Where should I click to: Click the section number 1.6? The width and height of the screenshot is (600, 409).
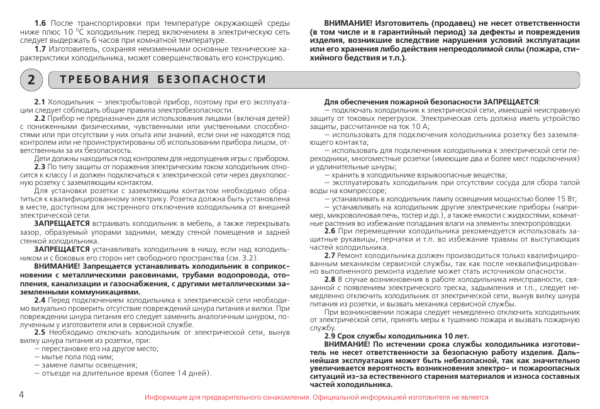click(40, 23)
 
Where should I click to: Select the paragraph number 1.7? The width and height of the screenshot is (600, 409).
click(40, 49)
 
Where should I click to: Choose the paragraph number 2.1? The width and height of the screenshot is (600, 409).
click(40, 101)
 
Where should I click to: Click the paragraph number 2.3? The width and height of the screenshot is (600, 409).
click(40, 167)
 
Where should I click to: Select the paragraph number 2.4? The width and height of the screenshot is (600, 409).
click(40, 300)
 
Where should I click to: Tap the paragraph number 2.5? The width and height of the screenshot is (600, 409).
click(40, 332)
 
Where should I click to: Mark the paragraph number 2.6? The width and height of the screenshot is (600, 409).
click(330, 231)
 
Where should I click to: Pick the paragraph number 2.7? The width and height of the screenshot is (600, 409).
click(330, 255)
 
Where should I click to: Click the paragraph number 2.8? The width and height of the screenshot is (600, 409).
click(330, 279)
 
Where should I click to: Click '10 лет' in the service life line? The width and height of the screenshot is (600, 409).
click(457, 336)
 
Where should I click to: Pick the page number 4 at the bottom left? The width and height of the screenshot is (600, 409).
click(21, 395)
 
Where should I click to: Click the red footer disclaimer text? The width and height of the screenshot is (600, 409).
click(316, 398)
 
